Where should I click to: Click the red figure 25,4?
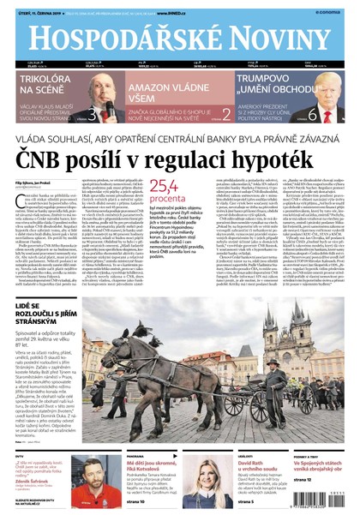tap(164, 184)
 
